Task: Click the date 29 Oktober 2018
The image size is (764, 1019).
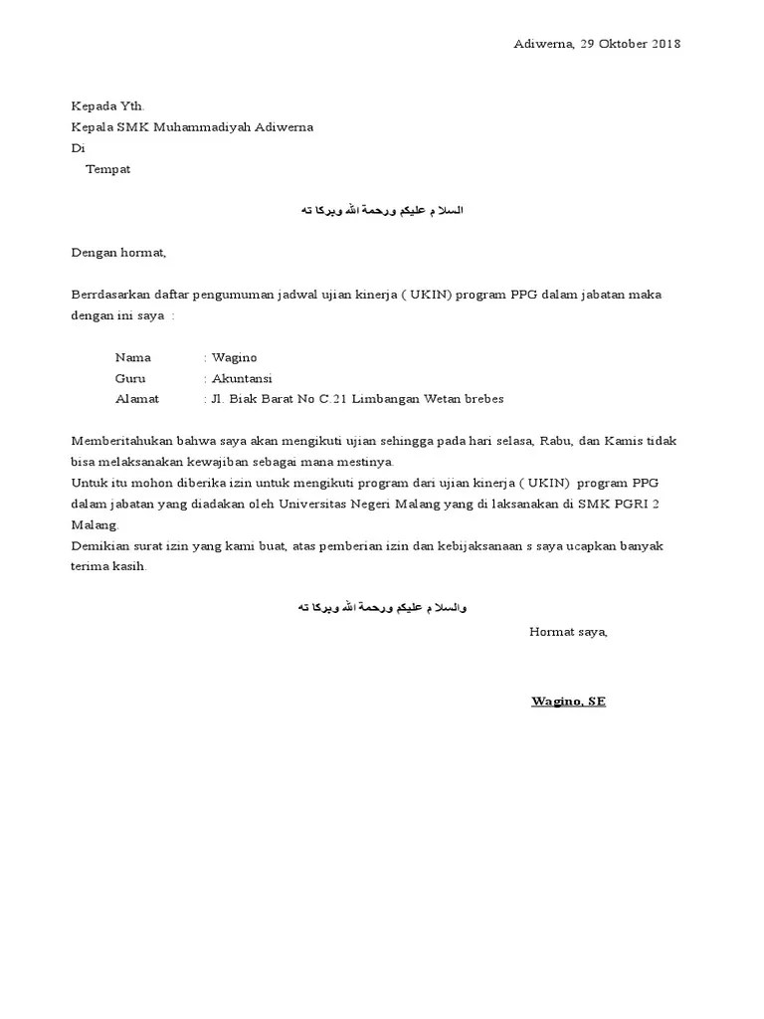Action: tap(631, 44)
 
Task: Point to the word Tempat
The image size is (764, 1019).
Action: tap(107, 169)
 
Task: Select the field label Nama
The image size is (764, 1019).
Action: tap(132, 357)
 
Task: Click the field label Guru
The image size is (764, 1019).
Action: tap(130, 378)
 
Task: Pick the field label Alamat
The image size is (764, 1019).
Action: tap(137, 399)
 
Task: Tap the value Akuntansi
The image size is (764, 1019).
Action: tap(242, 378)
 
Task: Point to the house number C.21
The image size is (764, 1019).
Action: tap(334, 399)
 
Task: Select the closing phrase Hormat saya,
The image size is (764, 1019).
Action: tap(568, 631)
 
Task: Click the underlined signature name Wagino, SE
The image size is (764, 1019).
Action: tap(568, 701)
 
